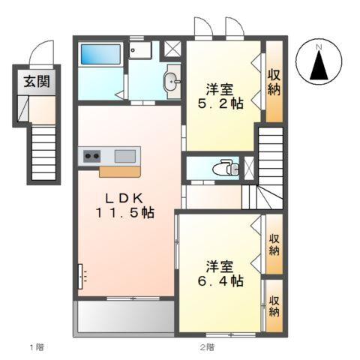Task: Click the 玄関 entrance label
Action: point(36,82)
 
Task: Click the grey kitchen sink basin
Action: point(124,156)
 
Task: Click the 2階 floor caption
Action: point(208,347)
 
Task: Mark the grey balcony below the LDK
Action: point(124,318)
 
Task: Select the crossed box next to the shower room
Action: point(172,50)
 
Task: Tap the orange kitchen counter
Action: point(118,170)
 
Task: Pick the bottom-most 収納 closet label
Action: point(275,304)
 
